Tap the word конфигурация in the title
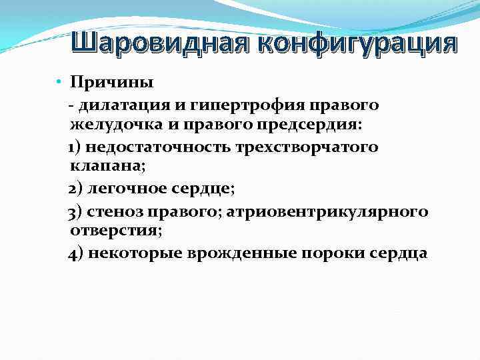(353, 44)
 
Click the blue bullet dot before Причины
(59, 82)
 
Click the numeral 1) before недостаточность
(76, 147)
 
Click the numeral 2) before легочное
(76, 189)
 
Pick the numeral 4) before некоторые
(76, 253)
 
